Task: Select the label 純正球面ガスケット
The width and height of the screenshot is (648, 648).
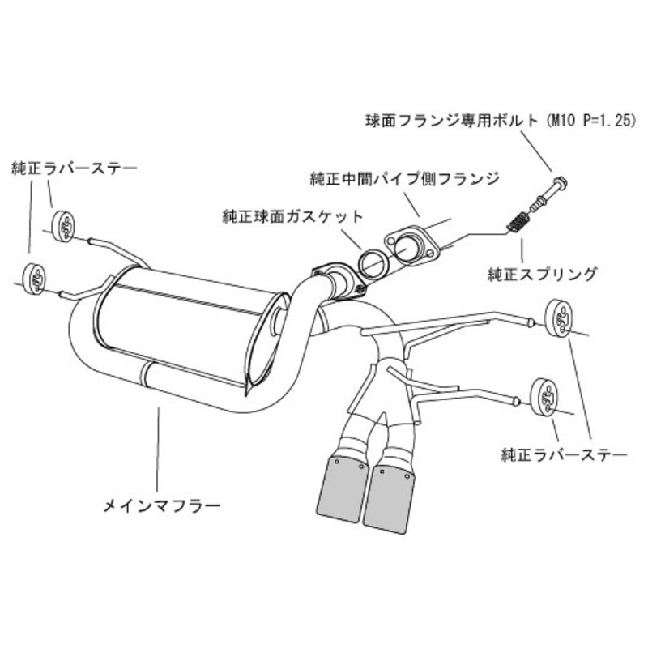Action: tap(293, 217)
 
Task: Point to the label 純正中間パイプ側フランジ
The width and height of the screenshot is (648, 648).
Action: tap(404, 177)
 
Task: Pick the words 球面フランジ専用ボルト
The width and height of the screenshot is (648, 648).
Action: tap(451, 122)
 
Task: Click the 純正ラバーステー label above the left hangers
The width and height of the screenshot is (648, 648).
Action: tap(74, 168)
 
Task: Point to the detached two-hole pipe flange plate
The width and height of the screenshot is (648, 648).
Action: tap(412, 247)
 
